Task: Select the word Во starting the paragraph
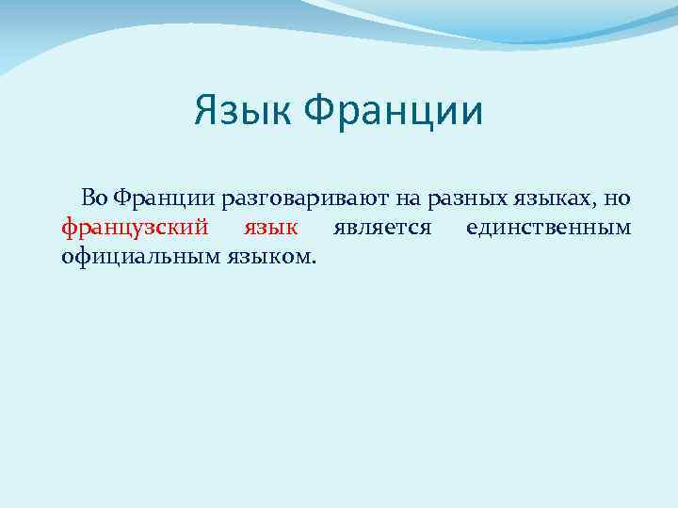coord(94,198)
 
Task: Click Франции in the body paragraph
coord(165,198)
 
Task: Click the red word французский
coord(134,228)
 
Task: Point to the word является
coord(381,228)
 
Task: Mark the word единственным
coord(548,228)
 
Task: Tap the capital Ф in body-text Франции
coord(119,198)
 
